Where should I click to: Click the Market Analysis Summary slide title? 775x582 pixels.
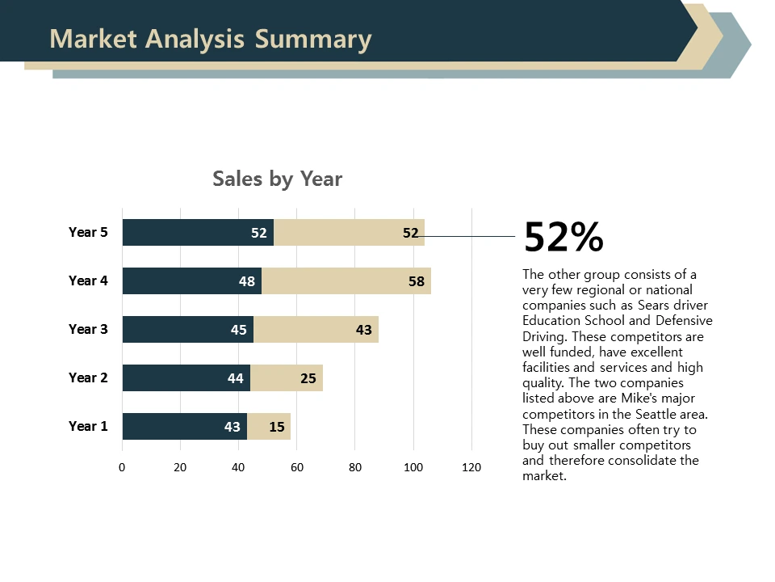pyautogui.click(x=211, y=39)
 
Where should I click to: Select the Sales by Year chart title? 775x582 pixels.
pyautogui.click(x=277, y=179)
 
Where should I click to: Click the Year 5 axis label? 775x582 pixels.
pyautogui.click(x=88, y=233)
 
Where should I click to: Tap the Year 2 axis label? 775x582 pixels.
pyautogui.click(x=88, y=378)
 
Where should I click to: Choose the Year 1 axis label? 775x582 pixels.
pyautogui.click(x=88, y=427)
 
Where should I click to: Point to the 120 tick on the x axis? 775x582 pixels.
pyautogui.click(x=471, y=467)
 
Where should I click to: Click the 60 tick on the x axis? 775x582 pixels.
pyautogui.click(x=297, y=467)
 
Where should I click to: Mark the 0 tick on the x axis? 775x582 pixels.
pyautogui.click(x=122, y=467)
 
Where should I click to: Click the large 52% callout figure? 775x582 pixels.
pyautogui.click(x=563, y=237)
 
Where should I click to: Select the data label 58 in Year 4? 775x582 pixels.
pyautogui.click(x=417, y=282)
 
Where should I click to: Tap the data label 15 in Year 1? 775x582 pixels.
pyautogui.click(x=277, y=428)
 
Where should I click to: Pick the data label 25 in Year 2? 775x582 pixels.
pyautogui.click(x=308, y=379)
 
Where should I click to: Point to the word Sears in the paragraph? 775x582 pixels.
pyautogui.click(x=654, y=306)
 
